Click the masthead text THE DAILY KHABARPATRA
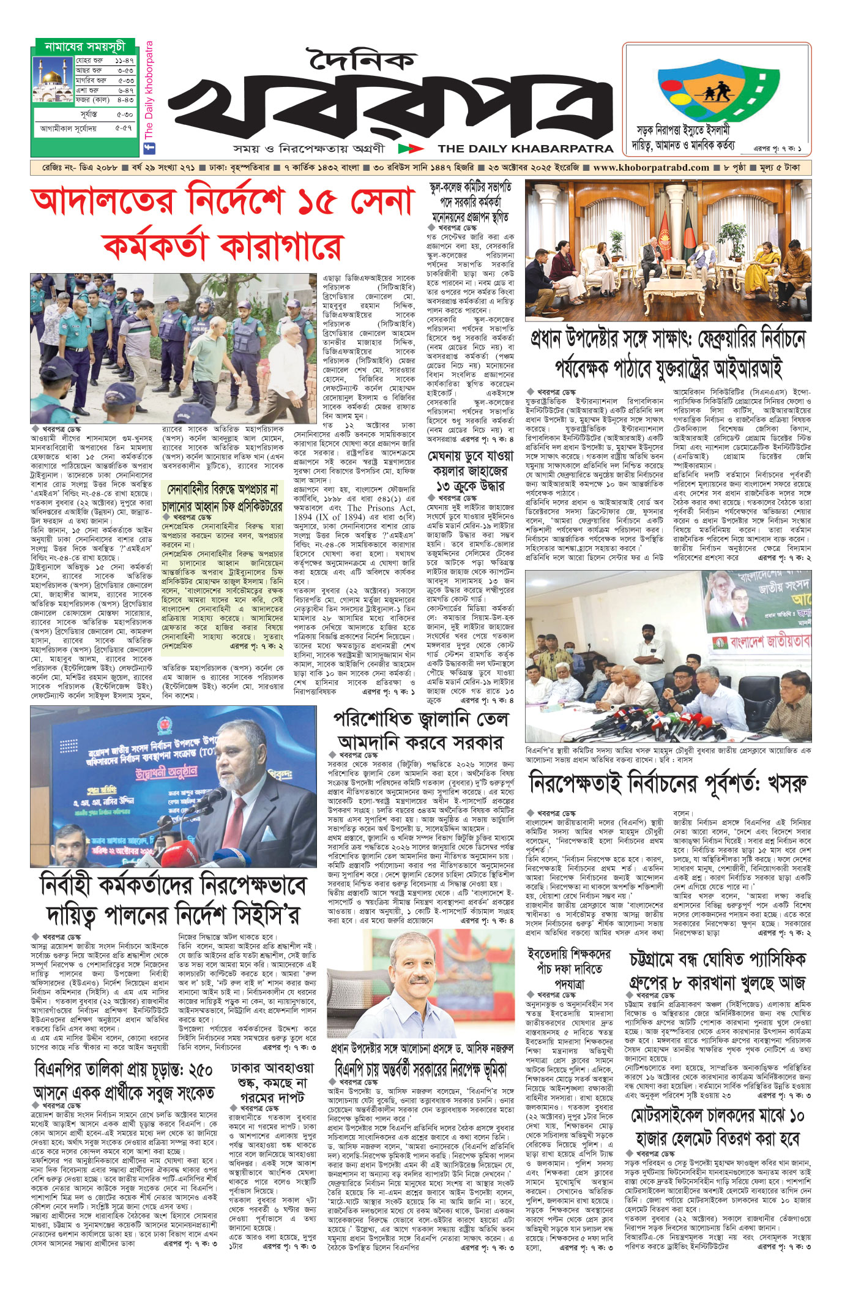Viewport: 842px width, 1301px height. click(x=526, y=148)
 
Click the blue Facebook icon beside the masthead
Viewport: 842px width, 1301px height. click(x=147, y=148)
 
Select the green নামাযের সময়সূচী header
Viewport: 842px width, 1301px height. click(x=84, y=47)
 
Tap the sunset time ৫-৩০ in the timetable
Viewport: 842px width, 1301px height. click(x=124, y=114)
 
